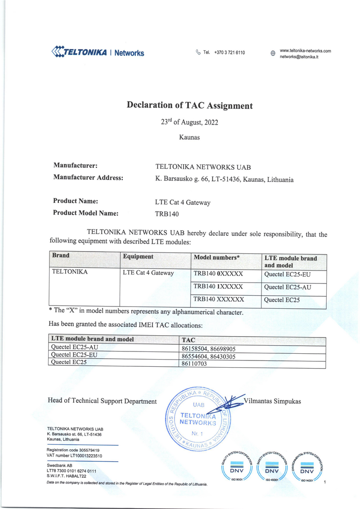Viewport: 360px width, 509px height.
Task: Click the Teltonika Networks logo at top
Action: point(98,52)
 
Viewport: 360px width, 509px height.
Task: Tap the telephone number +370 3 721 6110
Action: point(229,53)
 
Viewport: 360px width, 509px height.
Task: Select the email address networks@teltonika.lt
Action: point(299,57)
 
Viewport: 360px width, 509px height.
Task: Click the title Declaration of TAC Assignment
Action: point(189,106)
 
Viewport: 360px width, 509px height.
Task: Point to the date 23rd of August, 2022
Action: point(189,122)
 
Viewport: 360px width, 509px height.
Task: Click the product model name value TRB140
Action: point(167,214)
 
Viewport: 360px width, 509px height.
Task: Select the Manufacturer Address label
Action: point(88,178)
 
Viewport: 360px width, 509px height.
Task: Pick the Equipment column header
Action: point(138,257)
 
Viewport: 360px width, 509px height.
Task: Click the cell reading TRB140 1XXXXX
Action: point(218,287)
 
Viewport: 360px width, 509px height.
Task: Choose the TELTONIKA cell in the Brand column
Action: point(70,272)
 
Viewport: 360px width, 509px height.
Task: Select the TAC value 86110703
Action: point(193,364)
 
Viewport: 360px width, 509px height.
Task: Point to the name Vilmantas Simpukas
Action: point(272,401)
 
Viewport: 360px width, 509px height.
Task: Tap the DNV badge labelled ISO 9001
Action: point(237,468)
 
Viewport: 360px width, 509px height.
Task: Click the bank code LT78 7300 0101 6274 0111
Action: point(72,471)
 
